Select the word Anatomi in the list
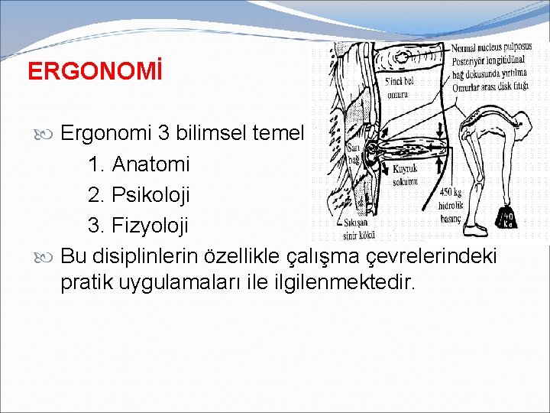[150, 164]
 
